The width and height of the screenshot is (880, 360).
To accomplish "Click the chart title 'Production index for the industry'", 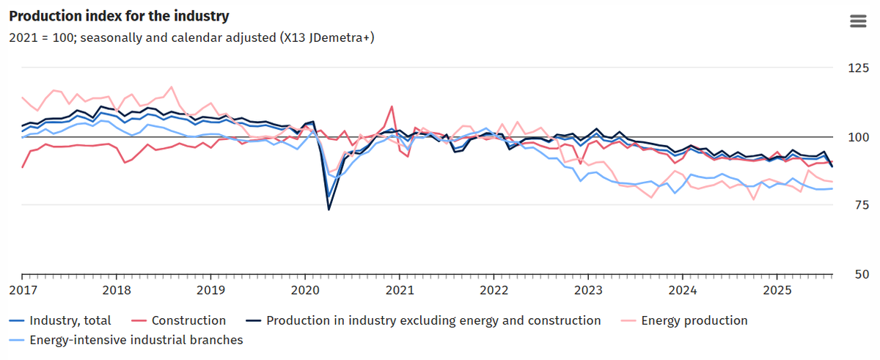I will tap(119, 15).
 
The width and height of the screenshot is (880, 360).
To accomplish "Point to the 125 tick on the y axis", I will tap(856, 68).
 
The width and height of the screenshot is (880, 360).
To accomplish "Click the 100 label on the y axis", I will tap(856, 137).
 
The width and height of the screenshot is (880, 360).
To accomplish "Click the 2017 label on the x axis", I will tap(22, 290).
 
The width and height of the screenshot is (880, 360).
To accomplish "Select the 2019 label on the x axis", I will tap(210, 290).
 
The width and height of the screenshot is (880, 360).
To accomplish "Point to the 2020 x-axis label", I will tap(305, 290).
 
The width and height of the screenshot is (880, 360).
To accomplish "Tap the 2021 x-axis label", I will tap(400, 290).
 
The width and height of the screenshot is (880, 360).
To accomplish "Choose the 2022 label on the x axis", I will tap(494, 290).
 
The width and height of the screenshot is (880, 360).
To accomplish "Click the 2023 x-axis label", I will tap(588, 290).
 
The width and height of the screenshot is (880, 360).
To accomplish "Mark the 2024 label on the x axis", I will tap(683, 290).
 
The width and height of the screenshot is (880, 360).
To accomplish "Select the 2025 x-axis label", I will tap(777, 290).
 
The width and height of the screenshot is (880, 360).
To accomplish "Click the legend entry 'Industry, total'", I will tap(70, 320).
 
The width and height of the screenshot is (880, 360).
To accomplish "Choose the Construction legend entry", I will tap(188, 320).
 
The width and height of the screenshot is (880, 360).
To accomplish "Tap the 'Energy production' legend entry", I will tap(694, 320).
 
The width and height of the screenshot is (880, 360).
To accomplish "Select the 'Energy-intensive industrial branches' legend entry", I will tap(136, 339).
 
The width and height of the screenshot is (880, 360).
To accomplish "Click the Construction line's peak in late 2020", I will tap(392, 106).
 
